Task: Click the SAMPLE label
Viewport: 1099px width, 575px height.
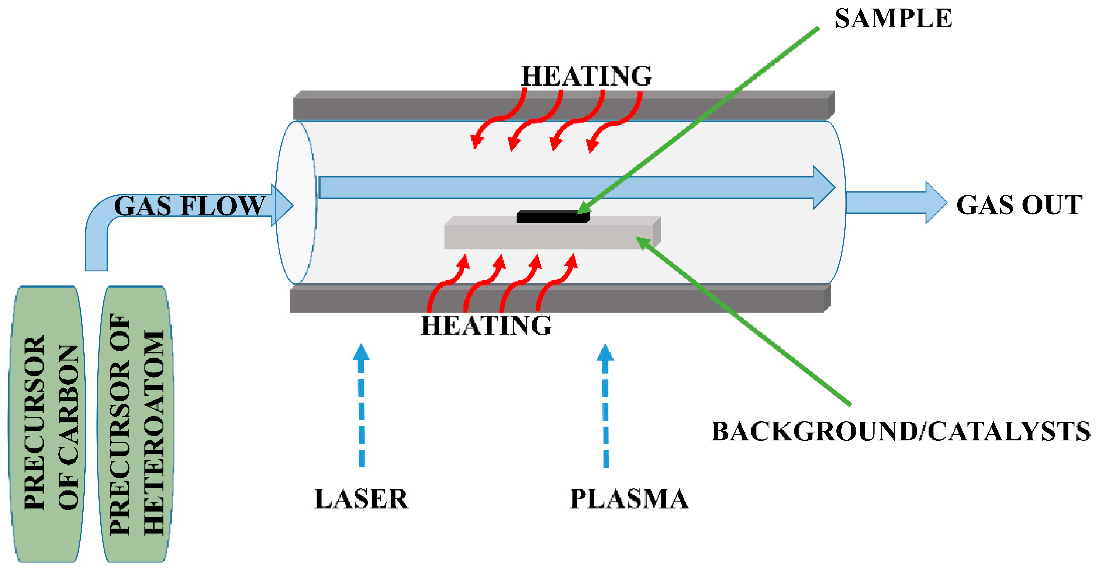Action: coord(892,19)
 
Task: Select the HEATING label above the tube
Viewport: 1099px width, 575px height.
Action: coord(586,76)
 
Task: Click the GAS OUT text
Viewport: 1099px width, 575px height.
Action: coord(1019,205)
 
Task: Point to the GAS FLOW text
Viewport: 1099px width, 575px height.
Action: coord(189,206)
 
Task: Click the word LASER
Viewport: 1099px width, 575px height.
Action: coord(362,499)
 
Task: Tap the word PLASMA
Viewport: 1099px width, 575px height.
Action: coord(629,499)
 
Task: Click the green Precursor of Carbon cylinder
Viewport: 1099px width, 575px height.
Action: coord(47,424)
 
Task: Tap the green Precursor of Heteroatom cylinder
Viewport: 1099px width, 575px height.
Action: coord(136,424)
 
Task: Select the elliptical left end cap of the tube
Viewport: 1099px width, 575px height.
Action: coord(296,202)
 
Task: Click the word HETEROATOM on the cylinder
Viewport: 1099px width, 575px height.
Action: coord(153,433)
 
